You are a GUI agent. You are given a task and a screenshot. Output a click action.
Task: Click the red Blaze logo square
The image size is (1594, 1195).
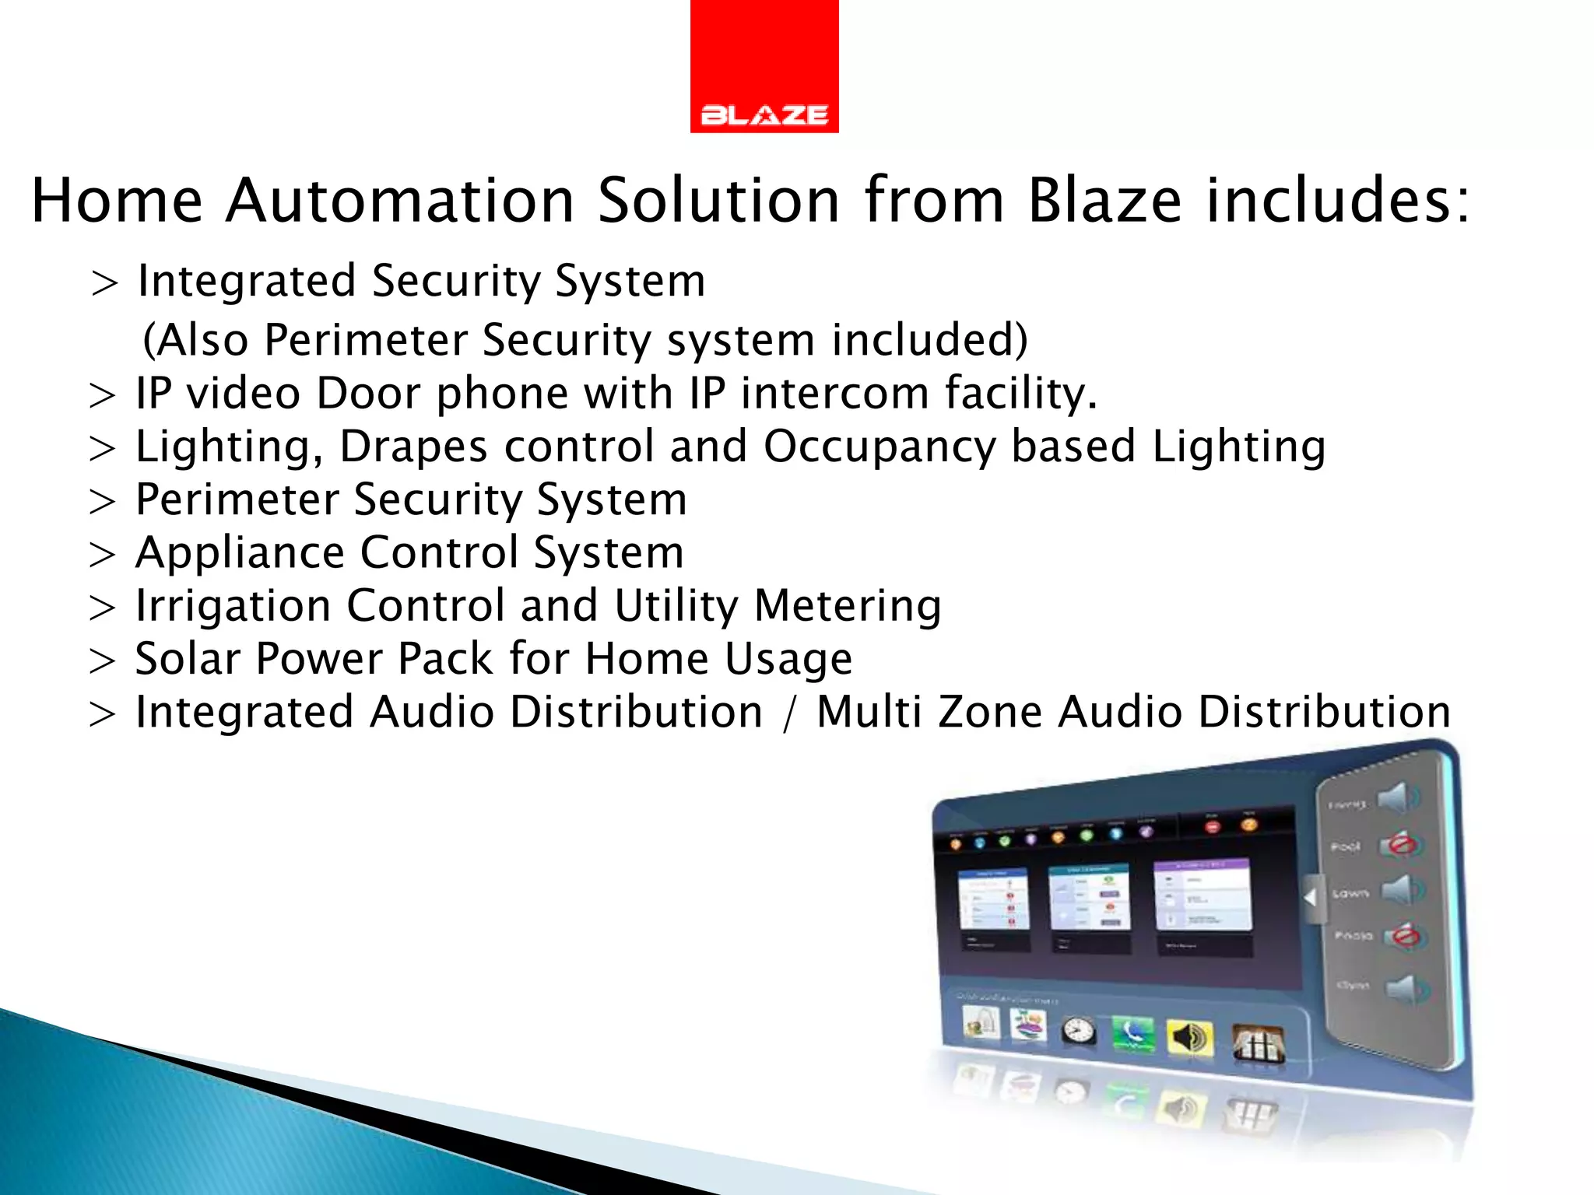pos(764,66)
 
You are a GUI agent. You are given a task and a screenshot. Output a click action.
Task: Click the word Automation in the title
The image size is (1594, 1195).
pos(400,201)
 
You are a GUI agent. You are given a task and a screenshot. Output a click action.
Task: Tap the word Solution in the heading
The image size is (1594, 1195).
pos(719,201)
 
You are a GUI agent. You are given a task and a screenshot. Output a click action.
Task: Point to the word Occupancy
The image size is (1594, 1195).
pos(879,447)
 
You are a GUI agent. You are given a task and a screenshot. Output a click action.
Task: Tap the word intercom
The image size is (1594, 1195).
pos(834,393)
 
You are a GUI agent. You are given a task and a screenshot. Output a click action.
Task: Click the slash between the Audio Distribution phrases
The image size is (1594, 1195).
pos(790,713)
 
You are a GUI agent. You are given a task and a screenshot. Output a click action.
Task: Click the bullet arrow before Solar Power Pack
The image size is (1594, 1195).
pos(102,661)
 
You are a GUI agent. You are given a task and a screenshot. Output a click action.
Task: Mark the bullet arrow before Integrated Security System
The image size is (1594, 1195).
pos(104,283)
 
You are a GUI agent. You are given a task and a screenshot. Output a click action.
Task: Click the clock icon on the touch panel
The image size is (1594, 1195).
pos(1079,1031)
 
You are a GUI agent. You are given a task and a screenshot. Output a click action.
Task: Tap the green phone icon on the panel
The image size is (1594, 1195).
pos(1133,1034)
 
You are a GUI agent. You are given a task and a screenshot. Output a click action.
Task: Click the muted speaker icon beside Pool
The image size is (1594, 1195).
pos(1401,845)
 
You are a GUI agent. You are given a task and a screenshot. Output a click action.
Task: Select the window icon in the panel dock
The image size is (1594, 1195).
pos(1257,1043)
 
